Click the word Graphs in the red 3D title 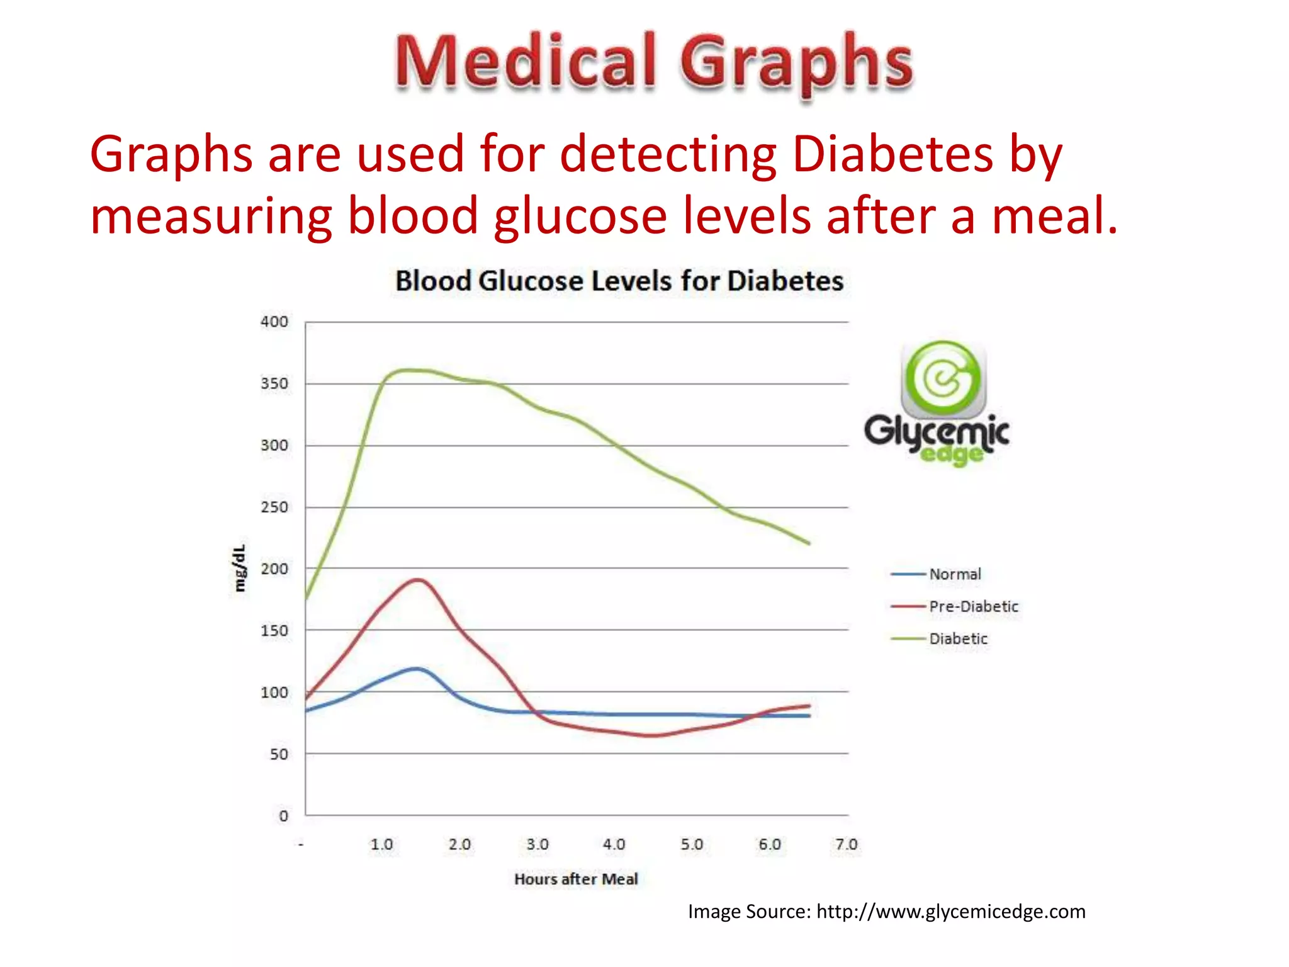pos(796,63)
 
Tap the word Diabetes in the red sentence pos(892,154)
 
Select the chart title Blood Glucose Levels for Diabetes pos(619,281)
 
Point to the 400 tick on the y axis pos(274,322)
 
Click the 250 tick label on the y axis pos(274,507)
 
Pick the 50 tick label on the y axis pos(279,754)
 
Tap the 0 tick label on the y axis pos(283,816)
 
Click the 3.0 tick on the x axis pos(538,845)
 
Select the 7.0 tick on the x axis pos(847,845)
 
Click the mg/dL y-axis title pos(240,568)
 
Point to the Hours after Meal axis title pos(576,879)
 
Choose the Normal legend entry pos(955,574)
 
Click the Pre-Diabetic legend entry pos(973,606)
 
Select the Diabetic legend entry pos(958,639)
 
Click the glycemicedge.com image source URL pos(950,912)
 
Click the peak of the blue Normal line pos(416,669)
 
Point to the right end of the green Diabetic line pos(809,543)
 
